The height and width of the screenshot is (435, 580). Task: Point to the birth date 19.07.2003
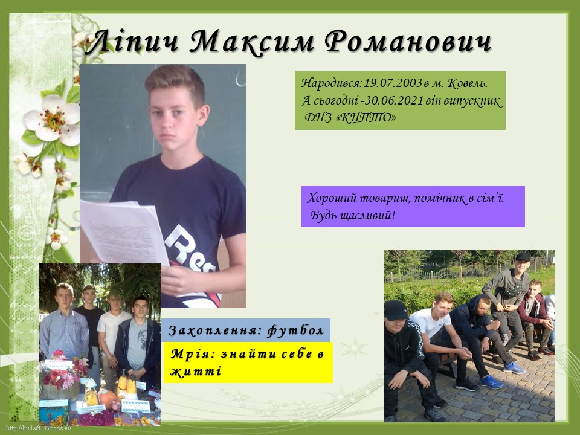pos(393,83)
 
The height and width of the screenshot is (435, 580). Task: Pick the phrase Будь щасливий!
pos(352,215)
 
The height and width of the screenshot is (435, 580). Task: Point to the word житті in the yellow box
pos(196,370)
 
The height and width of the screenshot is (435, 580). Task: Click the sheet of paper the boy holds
pos(124,231)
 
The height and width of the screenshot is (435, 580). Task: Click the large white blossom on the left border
pos(52,120)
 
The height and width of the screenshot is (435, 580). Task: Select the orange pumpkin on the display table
pos(108,398)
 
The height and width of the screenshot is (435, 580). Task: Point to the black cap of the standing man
pos(522,257)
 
